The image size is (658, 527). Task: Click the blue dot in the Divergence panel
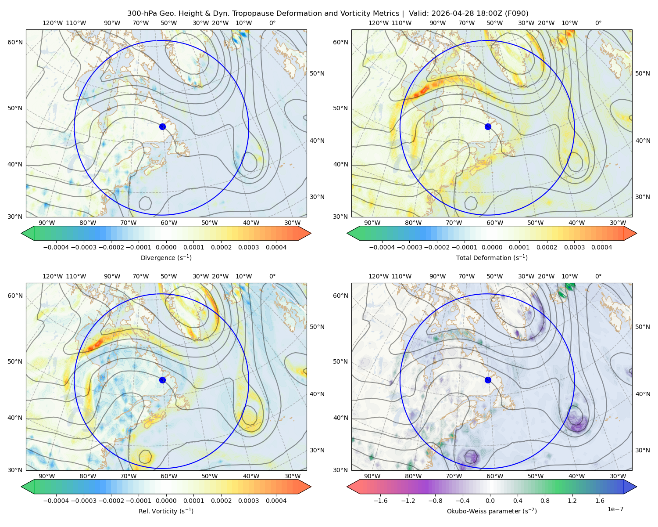[x=162, y=127]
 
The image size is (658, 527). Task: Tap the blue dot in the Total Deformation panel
[x=488, y=127]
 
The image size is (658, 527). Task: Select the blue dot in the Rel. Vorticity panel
[x=162, y=380]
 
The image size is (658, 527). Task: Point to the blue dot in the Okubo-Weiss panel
[x=488, y=380]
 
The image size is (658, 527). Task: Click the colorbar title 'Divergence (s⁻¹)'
[x=166, y=257]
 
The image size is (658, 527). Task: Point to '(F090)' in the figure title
[x=517, y=14]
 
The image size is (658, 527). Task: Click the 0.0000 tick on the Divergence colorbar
[x=166, y=247]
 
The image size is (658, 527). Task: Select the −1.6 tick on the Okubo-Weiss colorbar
[x=380, y=501]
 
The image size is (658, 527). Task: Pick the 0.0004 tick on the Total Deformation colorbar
[x=602, y=247]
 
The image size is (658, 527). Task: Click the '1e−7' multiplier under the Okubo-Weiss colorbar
[x=615, y=509]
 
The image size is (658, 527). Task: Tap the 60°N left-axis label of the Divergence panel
[x=15, y=42]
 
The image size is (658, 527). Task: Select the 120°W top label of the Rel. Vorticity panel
[x=53, y=276]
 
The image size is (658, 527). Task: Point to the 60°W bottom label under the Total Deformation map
[x=495, y=223]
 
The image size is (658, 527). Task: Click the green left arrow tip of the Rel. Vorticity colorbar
[x=21, y=487]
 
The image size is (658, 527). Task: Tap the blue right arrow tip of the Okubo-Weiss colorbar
[x=637, y=487]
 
